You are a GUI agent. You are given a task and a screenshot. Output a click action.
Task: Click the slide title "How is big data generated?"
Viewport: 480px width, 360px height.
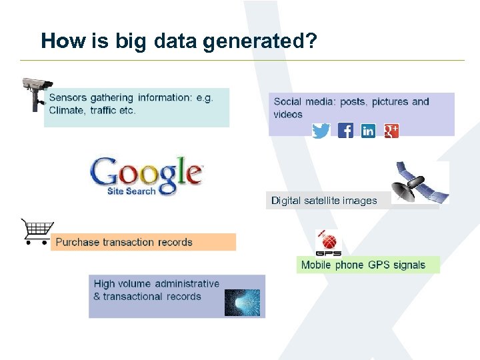pyautogui.click(x=179, y=41)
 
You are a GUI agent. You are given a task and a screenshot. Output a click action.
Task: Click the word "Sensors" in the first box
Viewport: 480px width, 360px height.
pyautogui.click(x=70, y=98)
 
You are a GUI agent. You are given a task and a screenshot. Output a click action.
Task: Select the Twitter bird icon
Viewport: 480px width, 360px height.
pyautogui.click(x=321, y=131)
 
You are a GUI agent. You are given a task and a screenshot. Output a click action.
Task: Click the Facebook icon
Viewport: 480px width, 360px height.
pyautogui.click(x=345, y=131)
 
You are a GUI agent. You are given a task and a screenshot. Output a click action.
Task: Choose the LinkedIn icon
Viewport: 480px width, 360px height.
pyautogui.click(x=368, y=131)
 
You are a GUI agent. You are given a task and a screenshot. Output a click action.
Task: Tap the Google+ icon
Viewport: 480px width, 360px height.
pyautogui.click(x=391, y=131)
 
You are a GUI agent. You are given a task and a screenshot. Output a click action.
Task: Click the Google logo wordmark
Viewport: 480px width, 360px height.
pyautogui.click(x=146, y=173)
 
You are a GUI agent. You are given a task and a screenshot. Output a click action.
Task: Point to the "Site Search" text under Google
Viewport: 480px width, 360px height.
pyautogui.click(x=131, y=191)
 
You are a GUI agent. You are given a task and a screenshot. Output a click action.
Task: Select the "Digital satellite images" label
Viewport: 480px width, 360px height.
pyautogui.click(x=324, y=201)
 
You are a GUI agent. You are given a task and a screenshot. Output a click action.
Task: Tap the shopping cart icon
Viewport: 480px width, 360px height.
pyautogui.click(x=37, y=232)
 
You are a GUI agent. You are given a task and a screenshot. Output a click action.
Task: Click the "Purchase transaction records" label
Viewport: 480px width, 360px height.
pyautogui.click(x=124, y=242)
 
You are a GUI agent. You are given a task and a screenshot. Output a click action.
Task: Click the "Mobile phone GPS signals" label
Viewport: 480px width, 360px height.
pyautogui.click(x=363, y=265)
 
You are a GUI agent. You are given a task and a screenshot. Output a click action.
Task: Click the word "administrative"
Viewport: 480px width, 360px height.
pyautogui.click(x=188, y=284)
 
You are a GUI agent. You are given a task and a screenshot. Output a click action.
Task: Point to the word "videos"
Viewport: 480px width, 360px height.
pyautogui.click(x=288, y=115)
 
